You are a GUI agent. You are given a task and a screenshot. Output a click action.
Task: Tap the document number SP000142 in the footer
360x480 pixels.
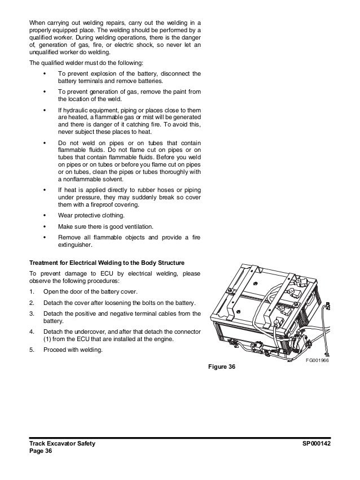tap(319, 445)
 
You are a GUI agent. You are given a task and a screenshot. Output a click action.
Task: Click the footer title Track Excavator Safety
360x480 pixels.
tap(62, 445)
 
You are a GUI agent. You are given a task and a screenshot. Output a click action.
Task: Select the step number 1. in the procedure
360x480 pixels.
tap(32, 291)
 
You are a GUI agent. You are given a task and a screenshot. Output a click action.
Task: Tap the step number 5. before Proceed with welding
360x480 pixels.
tap(32, 350)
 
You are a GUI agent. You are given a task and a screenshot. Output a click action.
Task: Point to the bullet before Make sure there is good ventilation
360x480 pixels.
tap(44, 226)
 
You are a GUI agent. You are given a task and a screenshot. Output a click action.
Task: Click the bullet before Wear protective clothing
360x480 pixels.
tap(44, 216)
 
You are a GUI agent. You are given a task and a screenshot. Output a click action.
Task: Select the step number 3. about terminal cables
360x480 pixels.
tap(32, 312)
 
